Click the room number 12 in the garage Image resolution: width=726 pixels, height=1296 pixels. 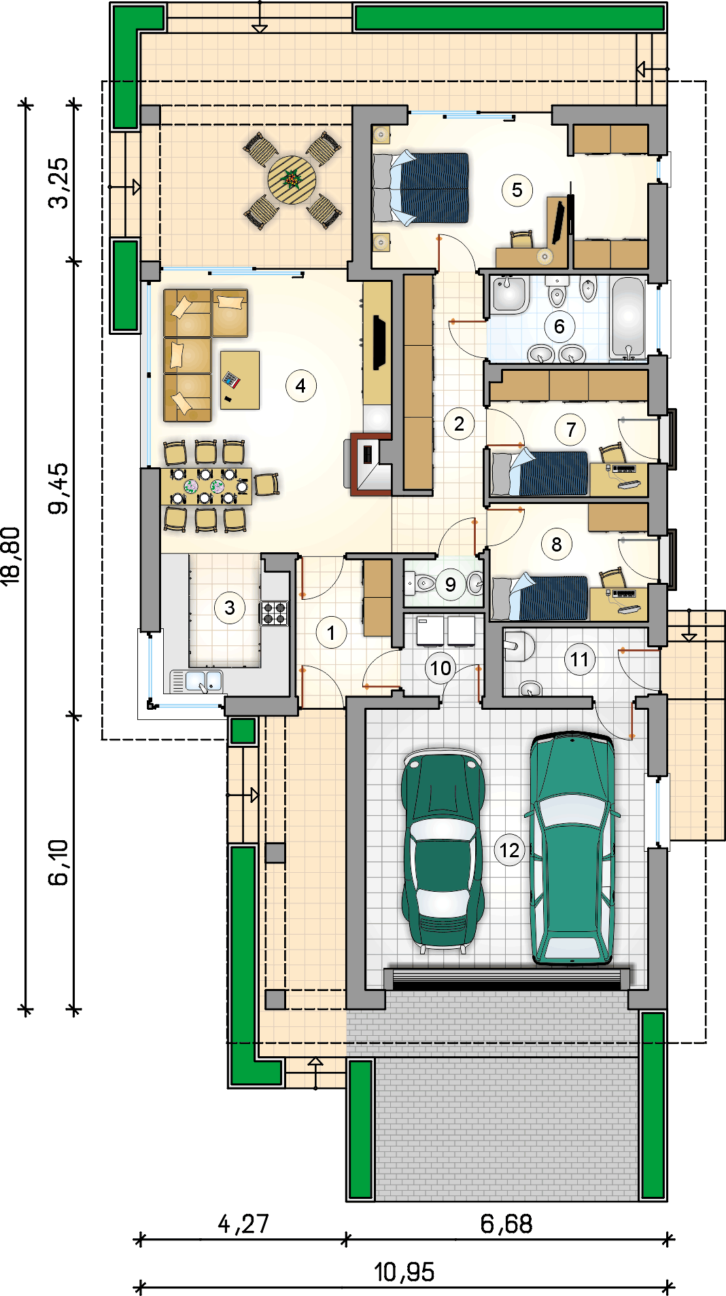click(x=509, y=850)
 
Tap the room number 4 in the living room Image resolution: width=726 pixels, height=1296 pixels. click(x=300, y=386)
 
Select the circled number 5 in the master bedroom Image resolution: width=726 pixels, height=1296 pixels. click(x=517, y=190)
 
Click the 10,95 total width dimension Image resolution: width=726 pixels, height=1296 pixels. click(x=404, y=1272)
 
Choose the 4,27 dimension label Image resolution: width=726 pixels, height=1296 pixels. click(x=243, y=1224)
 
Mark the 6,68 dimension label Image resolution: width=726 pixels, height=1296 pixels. click(x=506, y=1224)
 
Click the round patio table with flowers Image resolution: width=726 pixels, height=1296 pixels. click(x=292, y=180)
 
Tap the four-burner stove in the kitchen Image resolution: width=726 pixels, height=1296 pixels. click(x=275, y=613)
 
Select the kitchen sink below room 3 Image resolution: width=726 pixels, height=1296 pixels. click(x=196, y=681)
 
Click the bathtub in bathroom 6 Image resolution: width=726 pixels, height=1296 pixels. click(x=628, y=317)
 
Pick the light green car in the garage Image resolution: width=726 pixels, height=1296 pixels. click(x=572, y=848)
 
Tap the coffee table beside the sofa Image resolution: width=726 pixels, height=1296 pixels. click(x=240, y=380)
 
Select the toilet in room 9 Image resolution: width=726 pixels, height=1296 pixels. click(x=425, y=583)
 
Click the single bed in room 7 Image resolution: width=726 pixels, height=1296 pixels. click(x=540, y=473)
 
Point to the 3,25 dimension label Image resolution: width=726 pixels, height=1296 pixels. click(x=58, y=183)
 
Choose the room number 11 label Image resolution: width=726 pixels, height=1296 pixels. click(x=579, y=659)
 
